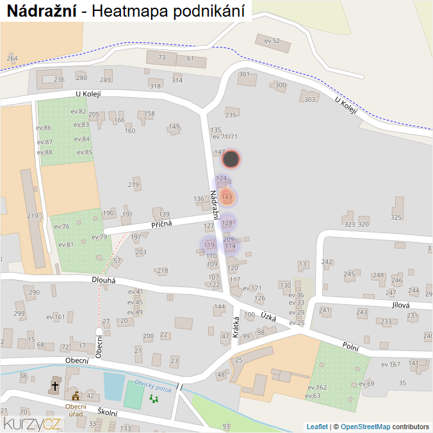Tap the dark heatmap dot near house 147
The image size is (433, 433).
pos(232,159)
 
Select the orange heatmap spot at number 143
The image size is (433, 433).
pos(225,197)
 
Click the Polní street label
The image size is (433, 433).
pos(350,346)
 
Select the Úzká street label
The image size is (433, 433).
pos(268,315)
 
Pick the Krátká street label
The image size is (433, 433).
pos(236,327)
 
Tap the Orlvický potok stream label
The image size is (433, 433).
pos(154,387)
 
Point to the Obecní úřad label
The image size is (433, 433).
pos(76,410)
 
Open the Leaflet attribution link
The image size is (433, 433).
pos(317,427)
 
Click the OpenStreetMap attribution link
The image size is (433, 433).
pos(365,427)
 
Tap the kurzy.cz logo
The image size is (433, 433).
pos(32,423)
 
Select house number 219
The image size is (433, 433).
pos(33,216)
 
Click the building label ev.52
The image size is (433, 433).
pos(272,41)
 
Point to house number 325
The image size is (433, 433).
pos(396,218)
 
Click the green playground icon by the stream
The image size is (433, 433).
pos(154,398)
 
